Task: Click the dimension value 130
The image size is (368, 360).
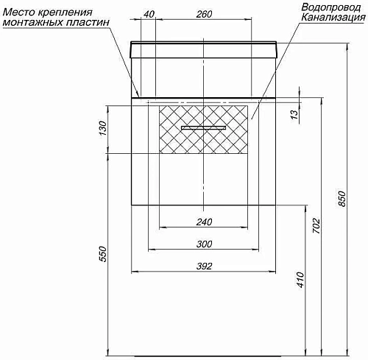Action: tap(103, 129)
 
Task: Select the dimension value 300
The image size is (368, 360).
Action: tap(205, 244)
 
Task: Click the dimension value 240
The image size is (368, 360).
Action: tap(205, 222)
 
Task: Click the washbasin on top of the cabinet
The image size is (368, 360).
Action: tap(204, 52)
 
